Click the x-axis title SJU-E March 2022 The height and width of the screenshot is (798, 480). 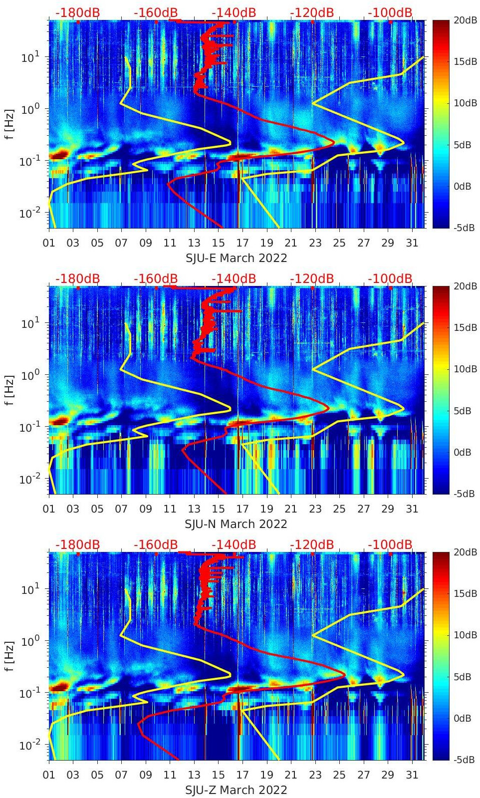236,258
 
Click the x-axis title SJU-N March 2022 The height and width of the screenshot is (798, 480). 236,524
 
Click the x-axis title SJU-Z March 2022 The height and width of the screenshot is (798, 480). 236,790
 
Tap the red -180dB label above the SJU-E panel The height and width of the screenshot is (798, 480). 77,12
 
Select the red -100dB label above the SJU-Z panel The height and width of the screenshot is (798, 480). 390,544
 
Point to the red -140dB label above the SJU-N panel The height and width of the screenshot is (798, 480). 234,278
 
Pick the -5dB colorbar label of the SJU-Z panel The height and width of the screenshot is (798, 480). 465,760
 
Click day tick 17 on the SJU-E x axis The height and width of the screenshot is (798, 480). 242,243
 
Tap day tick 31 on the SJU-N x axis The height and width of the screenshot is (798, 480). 412,509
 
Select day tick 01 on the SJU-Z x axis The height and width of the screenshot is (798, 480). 49,775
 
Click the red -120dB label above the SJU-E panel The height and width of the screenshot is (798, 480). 312,12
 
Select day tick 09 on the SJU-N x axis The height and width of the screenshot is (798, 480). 146,509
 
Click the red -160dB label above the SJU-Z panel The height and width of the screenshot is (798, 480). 156,544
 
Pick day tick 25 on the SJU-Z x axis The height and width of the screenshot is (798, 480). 339,775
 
